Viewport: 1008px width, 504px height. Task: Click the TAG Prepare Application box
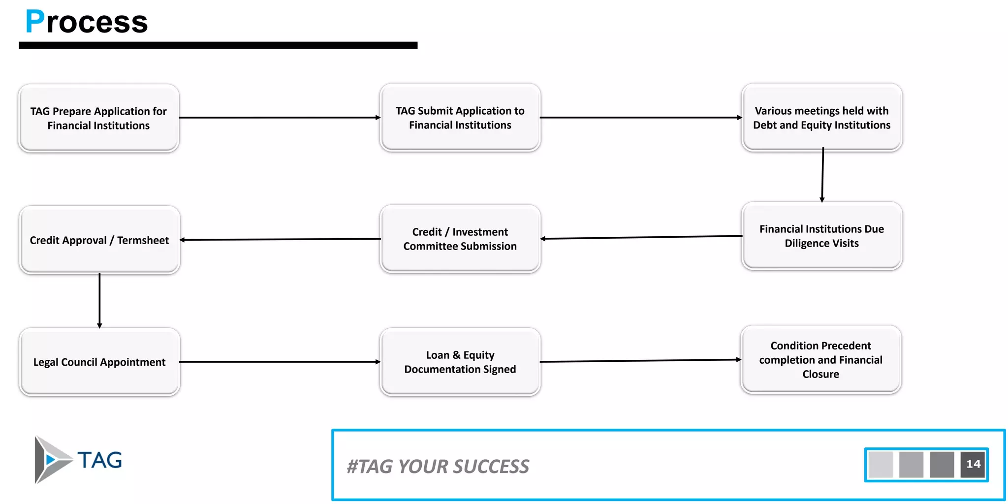pyautogui.click(x=98, y=118)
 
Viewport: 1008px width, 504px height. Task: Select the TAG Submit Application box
pyautogui.click(x=460, y=118)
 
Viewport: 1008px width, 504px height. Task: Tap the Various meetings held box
pyautogui.click(x=821, y=118)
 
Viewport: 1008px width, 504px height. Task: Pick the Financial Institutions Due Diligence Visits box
pyautogui.click(x=821, y=236)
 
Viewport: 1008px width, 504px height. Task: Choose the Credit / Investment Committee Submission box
pyautogui.click(x=460, y=239)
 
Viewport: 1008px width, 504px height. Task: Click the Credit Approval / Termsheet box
pyautogui.click(x=99, y=240)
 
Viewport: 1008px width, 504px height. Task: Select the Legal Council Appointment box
pyautogui.click(x=99, y=362)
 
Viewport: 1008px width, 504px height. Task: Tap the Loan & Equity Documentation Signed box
pyautogui.click(x=460, y=362)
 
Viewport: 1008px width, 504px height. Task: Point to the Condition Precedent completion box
pyautogui.click(x=820, y=359)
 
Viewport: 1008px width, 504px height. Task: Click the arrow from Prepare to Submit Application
pyautogui.click(x=279, y=118)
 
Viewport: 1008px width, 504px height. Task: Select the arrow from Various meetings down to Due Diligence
pyautogui.click(x=822, y=175)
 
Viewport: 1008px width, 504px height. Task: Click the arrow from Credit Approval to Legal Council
pyautogui.click(x=99, y=300)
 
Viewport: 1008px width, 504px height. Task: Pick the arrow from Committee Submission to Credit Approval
pyautogui.click(x=281, y=240)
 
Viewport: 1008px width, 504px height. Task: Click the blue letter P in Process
pyautogui.click(x=34, y=22)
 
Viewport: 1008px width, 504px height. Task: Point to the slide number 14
pyautogui.click(x=973, y=464)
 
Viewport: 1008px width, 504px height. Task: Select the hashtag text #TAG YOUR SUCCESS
pyautogui.click(x=438, y=466)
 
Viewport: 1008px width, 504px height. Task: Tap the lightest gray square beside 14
pyautogui.click(x=881, y=464)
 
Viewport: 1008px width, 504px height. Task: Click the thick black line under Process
pyautogui.click(x=218, y=45)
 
